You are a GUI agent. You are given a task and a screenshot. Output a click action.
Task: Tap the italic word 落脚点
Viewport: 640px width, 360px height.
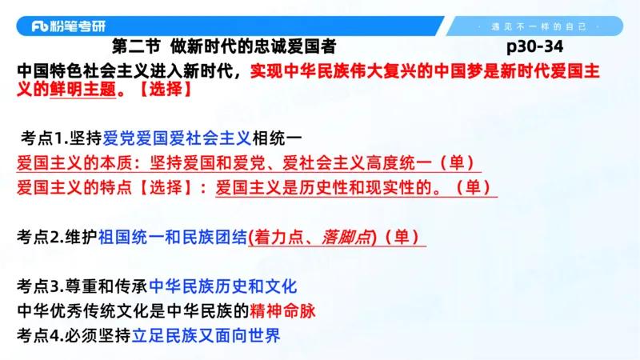pyautogui.click(x=345, y=237)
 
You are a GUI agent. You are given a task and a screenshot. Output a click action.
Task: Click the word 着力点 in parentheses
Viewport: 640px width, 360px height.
pyautogui.click(x=281, y=237)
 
